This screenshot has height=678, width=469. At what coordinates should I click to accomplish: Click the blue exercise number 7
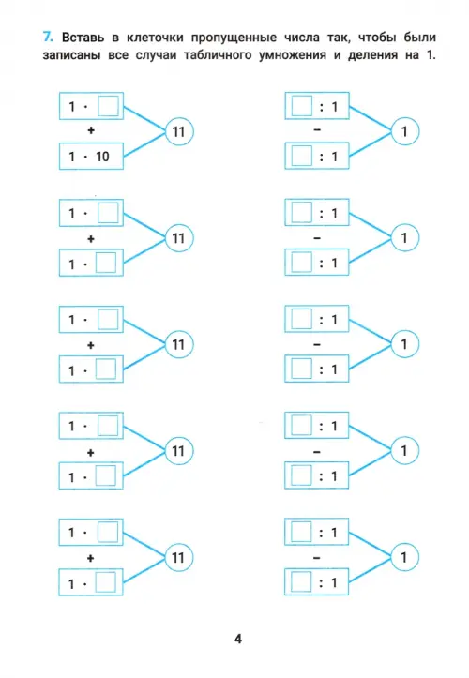(48, 37)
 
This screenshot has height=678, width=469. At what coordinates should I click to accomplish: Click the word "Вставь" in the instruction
(83, 38)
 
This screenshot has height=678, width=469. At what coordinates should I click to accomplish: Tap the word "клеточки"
(155, 38)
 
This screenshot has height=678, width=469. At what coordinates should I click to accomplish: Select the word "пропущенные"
(234, 38)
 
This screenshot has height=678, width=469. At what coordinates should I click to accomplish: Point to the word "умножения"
(293, 55)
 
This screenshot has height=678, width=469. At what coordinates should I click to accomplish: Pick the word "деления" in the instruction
(373, 55)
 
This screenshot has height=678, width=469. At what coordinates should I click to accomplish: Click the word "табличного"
(218, 55)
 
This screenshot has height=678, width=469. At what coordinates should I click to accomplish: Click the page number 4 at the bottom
(238, 639)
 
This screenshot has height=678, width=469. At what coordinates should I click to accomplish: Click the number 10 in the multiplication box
(102, 157)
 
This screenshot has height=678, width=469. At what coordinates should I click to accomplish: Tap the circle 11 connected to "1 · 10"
(179, 131)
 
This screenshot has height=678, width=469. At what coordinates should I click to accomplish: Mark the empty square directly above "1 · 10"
(108, 106)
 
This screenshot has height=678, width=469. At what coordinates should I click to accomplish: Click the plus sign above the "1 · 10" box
(91, 130)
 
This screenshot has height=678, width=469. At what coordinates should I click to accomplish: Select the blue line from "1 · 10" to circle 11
(145, 144)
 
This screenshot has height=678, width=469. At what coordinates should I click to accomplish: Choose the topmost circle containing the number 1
(405, 131)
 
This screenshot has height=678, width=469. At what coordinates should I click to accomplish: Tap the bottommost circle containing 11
(178, 557)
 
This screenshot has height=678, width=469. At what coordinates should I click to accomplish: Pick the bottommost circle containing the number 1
(404, 557)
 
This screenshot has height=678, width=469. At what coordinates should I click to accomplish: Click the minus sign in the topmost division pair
(317, 129)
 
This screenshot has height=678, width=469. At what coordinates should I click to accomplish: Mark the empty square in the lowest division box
(301, 582)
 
